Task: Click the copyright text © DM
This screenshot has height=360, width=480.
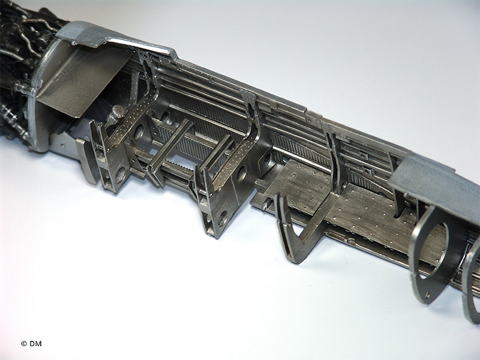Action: point(31,343)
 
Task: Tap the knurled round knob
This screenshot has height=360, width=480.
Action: point(118,111)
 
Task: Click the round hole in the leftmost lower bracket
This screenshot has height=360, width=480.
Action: point(121,175)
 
